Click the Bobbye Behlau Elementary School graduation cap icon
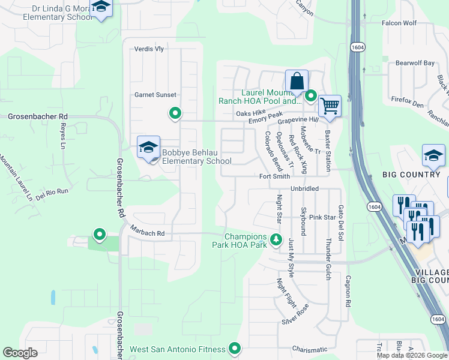[148, 146]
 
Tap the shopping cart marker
[330, 106]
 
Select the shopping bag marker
[297, 80]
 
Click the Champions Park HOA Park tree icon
[276, 240]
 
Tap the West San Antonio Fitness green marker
[235, 349]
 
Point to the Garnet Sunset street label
[155, 95]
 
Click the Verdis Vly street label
[149, 49]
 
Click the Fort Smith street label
[274, 176]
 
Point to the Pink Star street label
[322, 217]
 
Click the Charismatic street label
[310, 349]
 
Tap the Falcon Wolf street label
[399, 23]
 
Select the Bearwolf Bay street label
[415, 63]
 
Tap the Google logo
[20, 353]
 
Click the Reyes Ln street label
[62, 136]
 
